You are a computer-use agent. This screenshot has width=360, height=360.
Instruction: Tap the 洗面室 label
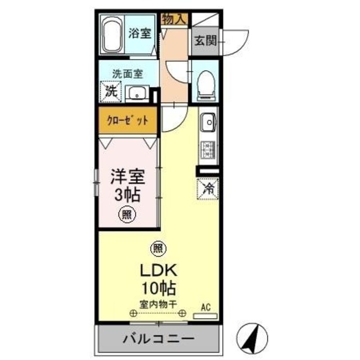pos(127,74)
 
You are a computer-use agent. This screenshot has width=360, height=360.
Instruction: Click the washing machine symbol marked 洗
pos(111,91)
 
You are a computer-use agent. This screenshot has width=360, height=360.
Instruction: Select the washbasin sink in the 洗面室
pos(136,93)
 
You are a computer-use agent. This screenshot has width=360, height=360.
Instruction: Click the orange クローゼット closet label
pos(128,120)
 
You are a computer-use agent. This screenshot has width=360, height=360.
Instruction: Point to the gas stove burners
pos(208,148)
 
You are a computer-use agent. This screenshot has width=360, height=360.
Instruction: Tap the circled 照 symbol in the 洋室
pos(127,214)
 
